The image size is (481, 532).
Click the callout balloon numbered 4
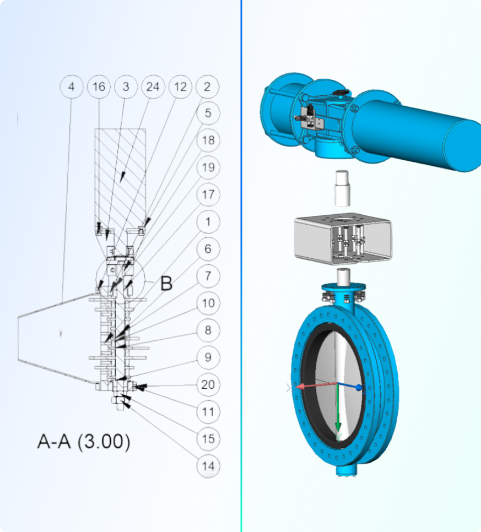point(71,87)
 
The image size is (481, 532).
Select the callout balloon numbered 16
point(99,87)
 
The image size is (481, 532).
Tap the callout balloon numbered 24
point(153,87)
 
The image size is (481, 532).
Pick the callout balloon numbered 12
point(180,87)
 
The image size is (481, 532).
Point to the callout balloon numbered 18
point(208,140)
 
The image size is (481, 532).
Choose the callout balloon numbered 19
point(208,167)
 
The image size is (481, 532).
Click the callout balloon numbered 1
point(208,222)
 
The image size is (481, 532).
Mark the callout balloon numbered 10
point(208,303)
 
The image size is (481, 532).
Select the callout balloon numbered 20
point(208,384)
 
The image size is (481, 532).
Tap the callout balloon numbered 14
point(208,466)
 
